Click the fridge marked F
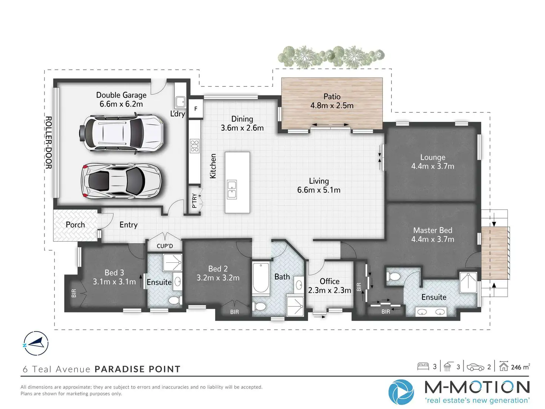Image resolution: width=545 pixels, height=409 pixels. pyautogui.click(x=195, y=109)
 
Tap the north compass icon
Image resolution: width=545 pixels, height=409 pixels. pyautogui.click(x=36, y=343)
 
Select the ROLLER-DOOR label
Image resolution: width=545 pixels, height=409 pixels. pyautogui.click(x=49, y=142)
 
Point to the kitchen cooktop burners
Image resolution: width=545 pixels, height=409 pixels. pyautogui.click(x=195, y=146)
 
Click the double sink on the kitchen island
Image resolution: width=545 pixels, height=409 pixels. pyautogui.click(x=232, y=189)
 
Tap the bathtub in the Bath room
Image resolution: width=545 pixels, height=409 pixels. pyautogui.click(x=261, y=278)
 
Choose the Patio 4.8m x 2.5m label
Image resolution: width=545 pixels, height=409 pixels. pyautogui.click(x=332, y=101)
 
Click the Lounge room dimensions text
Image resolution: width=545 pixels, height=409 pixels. pyautogui.click(x=432, y=166)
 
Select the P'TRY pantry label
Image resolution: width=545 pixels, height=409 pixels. pyautogui.click(x=194, y=201)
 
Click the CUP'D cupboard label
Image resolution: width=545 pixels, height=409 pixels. pyautogui.click(x=165, y=246)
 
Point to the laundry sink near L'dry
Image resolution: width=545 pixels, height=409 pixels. pyautogui.click(x=180, y=102)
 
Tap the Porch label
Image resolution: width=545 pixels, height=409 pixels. pyautogui.click(x=75, y=225)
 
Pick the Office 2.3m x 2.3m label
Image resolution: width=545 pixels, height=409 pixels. pyautogui.click(x=330, y=286)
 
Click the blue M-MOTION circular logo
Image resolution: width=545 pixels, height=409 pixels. pyautogui.click(x=401, y=392)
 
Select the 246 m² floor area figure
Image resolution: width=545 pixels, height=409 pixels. pyautogui.click(x=520, y=366)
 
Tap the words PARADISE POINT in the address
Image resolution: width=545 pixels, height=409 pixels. pyautogui.click(x=138, y=369)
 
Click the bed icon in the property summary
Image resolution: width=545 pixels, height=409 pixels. pyautogui.click(x=423, y=366)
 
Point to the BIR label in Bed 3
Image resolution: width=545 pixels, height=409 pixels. pyautogui.click(x=74, y=293)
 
